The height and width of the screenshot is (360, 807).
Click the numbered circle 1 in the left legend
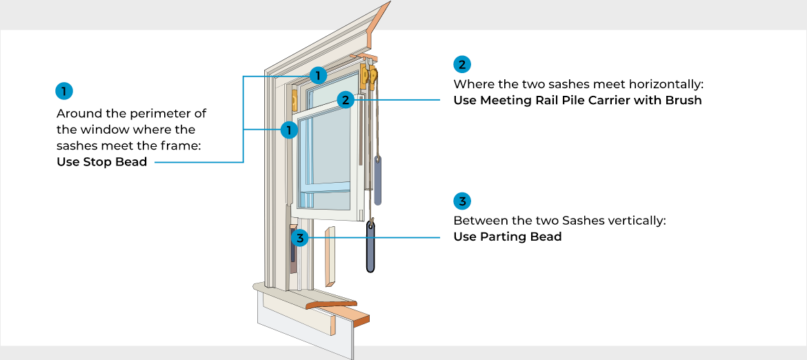pos(63,90)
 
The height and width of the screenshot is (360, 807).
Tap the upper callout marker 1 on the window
pos(317,74)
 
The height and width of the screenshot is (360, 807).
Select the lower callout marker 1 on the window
pos(290,129)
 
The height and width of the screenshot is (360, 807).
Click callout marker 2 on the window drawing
pos(346,100)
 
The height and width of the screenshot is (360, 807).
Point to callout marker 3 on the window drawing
pos(299,238)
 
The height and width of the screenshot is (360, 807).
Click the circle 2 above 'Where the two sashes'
pos(461,64)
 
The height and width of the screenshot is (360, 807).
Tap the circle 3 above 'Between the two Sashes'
pos(461,201)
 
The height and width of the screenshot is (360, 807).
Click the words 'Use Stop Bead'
pos(101,163)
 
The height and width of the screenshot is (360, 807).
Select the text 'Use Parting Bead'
pos(507,237)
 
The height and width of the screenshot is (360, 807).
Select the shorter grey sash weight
pos(377,179)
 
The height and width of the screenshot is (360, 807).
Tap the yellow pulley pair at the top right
pos(369,76)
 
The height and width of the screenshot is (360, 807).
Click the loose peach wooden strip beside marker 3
pos(330,255)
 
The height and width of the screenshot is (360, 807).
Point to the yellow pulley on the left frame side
pos(295,100)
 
